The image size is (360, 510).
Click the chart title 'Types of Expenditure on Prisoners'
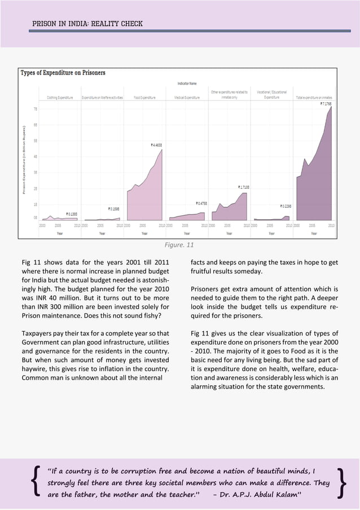pos(63,73)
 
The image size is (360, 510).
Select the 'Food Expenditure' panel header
pos(144,98)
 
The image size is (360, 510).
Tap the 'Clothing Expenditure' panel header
pos(60,98)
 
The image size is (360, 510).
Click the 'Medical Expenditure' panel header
pos(187,98)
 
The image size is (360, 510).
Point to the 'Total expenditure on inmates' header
pos(314,98)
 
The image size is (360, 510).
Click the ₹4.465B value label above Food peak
pos(160,145)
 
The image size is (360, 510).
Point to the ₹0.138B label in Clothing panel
pos(72,214)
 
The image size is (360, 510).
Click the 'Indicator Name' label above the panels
pos(187,84)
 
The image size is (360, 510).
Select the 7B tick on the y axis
pos(36,109)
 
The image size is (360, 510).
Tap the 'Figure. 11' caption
pos(179,246)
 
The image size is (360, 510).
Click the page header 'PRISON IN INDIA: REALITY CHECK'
pos(87,24)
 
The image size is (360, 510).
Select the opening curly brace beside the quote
pos(37,483)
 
